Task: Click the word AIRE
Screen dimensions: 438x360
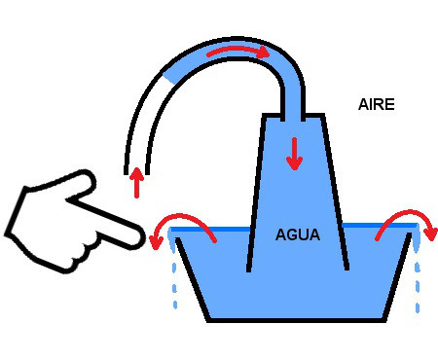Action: click(x=377, y=104)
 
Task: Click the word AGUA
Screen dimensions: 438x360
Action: click(x=298, y=234)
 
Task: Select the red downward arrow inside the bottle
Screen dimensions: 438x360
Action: click(x=294, y=154)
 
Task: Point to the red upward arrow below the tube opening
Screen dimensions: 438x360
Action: click(x=137, y=183)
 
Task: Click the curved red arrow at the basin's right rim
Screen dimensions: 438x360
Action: click(x=406, y=215)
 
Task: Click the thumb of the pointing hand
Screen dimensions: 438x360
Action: click(x=80, y=186)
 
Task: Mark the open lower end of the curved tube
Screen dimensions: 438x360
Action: click(x=137, y=173)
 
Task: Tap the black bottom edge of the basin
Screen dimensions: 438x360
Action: click(x=297, y=320)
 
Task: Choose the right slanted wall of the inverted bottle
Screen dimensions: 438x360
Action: click(x=335, y=193)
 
